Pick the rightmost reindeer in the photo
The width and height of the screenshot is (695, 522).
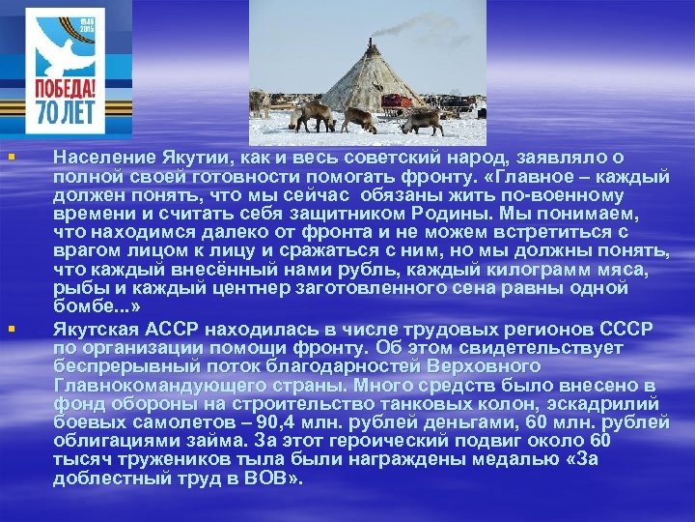click(423, 120)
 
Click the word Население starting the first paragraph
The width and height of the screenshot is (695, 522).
click(100, 155)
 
